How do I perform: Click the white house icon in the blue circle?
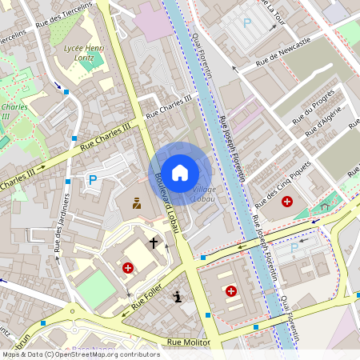tap(180, 172)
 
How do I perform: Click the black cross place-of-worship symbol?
tap(153, 242)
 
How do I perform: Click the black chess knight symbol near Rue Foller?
tap(178, 297)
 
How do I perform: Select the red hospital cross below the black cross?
tap(128, 268)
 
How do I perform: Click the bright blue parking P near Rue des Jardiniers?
tap(93, 180)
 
